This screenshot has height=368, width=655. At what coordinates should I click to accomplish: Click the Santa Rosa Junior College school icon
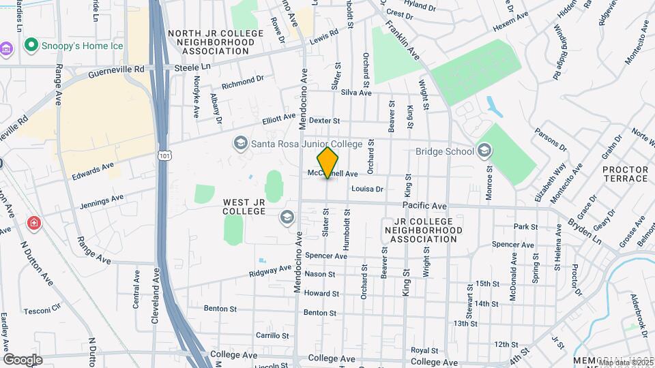point(240,143)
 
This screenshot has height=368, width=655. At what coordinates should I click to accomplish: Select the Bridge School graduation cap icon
point(484,151)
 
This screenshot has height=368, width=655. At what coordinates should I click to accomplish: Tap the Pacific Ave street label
point(424,205)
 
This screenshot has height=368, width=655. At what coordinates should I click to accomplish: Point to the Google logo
point(23,359)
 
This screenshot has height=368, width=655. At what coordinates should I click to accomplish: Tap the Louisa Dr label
point(368,189)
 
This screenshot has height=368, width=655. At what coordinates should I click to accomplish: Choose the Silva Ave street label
point(356,93)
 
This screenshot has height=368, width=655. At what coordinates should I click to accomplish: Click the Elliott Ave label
point(280,119)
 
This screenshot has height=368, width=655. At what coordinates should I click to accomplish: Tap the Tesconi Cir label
point(43,311)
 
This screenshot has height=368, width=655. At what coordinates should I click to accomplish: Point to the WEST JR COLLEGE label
point(244,206)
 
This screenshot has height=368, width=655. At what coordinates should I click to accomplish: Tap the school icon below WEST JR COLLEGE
point(287,218)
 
